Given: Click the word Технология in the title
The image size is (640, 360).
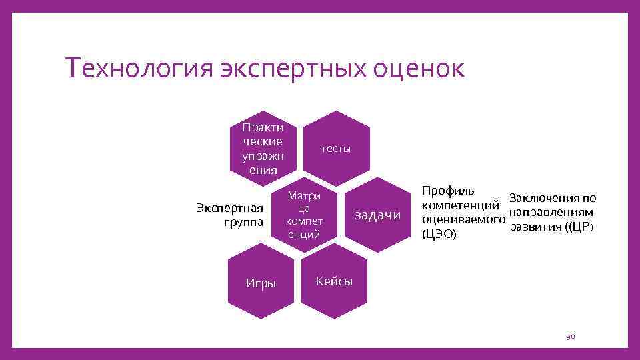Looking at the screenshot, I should [x=137, y=69].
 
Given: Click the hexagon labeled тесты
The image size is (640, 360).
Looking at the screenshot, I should [x=335, y=148].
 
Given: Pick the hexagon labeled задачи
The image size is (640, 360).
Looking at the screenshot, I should [x=378, y=215].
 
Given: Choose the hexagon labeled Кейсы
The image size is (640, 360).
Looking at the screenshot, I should [x=334, y=281].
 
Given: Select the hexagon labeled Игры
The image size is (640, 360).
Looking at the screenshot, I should [x=261, y=283].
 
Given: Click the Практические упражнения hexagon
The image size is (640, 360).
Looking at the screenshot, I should [x=263, y=148].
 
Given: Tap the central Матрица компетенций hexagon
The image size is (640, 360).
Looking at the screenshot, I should [x=303, y=215].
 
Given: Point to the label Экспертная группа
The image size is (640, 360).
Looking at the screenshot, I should [x=230, y=214].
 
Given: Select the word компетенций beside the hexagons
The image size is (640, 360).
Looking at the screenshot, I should [x=461, y=205].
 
